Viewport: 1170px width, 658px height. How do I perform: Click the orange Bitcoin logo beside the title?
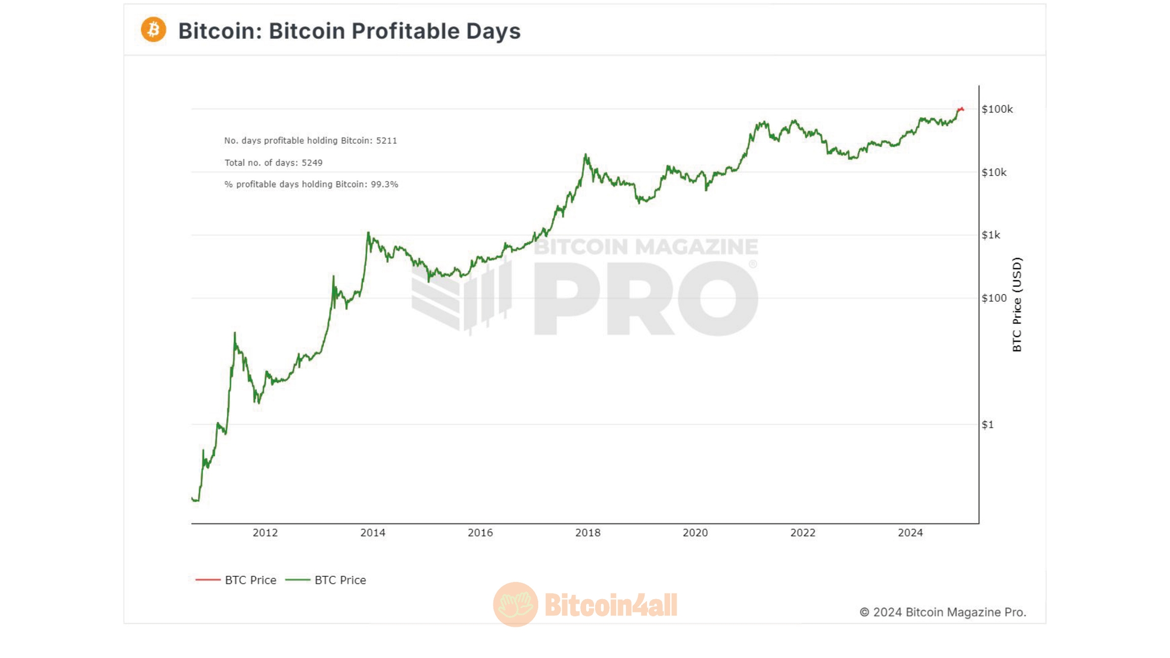click(153, 29)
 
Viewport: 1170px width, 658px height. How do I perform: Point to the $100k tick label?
click(997, 109)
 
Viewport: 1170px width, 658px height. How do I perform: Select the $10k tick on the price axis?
click(994, 173)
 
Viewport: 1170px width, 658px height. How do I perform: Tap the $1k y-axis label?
click(991, 235)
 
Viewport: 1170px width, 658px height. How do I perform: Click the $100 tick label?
click(994, 298)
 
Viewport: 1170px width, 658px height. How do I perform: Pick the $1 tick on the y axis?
click(988, 424)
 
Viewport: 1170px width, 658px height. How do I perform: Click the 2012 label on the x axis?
click(265, 533)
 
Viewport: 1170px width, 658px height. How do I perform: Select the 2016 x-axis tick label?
click(480, 533)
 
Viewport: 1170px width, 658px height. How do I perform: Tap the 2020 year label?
click(695, 533)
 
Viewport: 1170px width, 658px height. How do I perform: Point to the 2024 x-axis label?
click(910, 533)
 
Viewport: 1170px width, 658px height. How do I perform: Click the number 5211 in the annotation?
click(386, 141)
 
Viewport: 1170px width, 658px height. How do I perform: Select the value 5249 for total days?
click(312, 163)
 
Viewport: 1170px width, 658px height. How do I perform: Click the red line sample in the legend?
click(208, 580)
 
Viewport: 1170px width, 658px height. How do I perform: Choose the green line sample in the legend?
click(298, 580)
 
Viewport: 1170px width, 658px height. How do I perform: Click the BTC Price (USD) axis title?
click(1017, 305)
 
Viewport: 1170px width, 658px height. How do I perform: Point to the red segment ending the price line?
click(960, 109)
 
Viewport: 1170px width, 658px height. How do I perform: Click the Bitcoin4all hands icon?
click(515, 604)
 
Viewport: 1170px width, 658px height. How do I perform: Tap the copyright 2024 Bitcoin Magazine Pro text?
click(942, 612)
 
